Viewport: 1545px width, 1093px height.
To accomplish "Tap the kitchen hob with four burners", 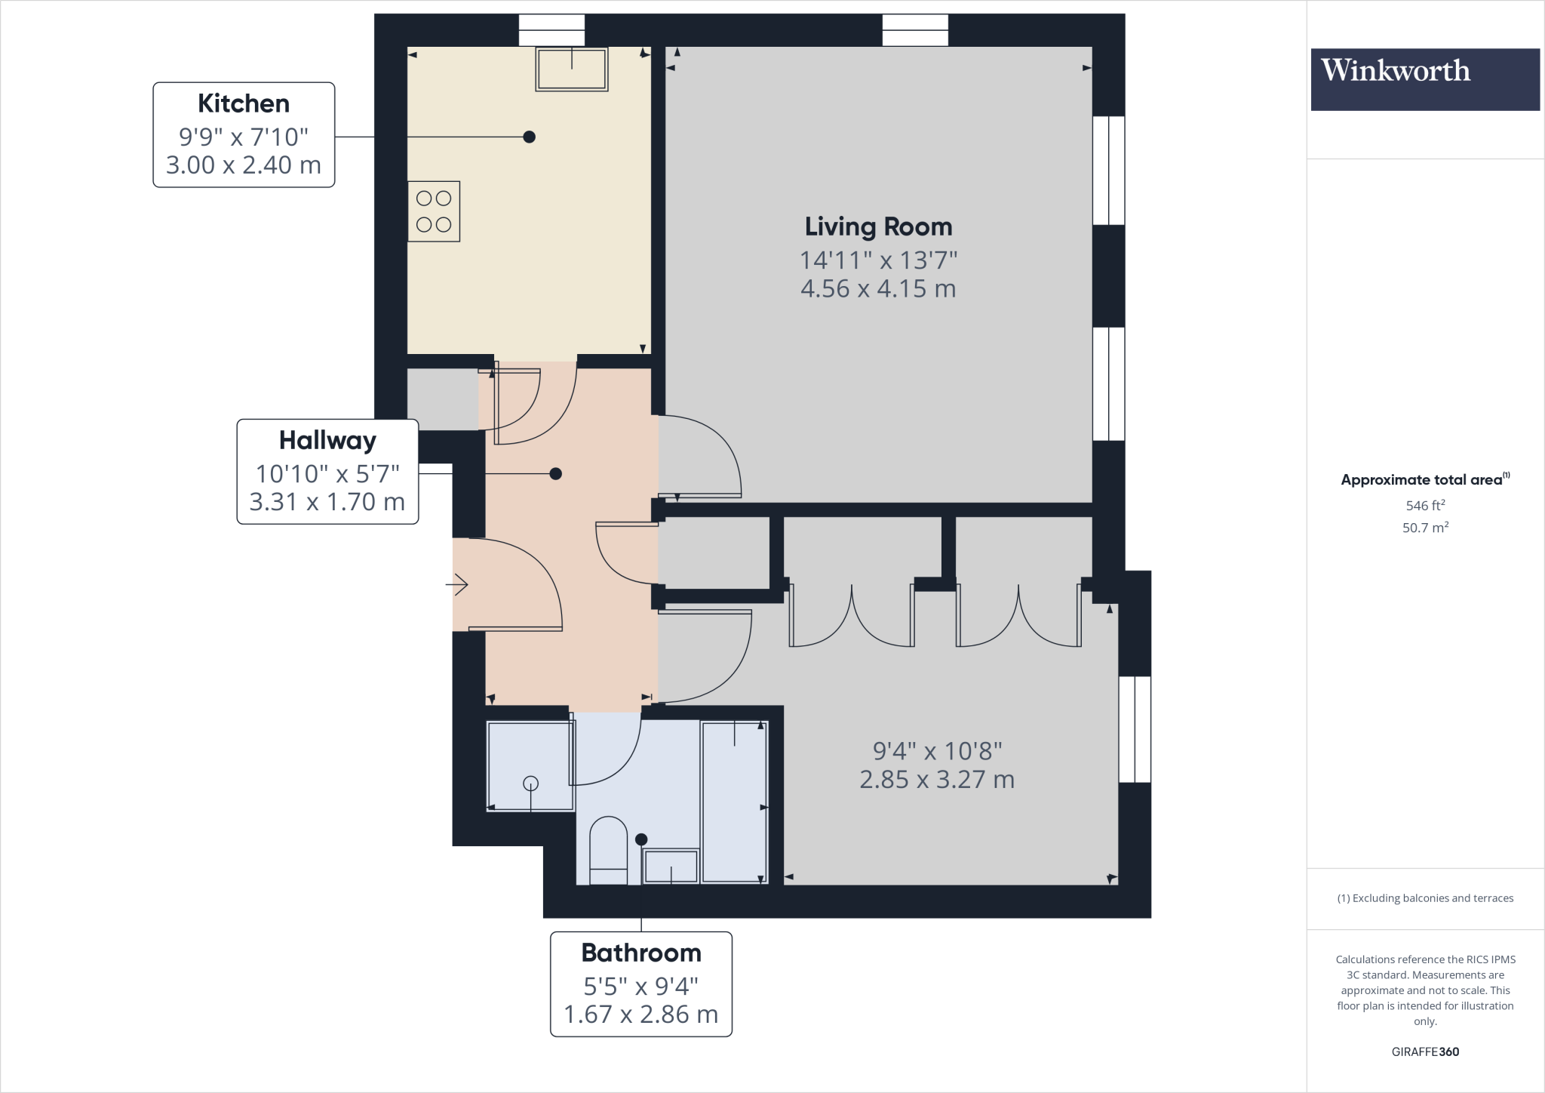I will (434, 211).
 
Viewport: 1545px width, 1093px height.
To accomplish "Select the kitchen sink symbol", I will (571, 69).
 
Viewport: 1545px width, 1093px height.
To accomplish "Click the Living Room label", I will (878, 226).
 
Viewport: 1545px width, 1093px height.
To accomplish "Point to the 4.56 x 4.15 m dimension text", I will (878, 288).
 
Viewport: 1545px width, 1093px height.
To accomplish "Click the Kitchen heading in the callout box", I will (243, 103).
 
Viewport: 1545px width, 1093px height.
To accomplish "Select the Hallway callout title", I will (327, 440).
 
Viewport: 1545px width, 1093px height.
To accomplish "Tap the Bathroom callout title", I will (640, 953).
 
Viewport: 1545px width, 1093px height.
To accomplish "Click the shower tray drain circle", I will (531, 784).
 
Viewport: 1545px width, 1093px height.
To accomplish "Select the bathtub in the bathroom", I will (734, 802).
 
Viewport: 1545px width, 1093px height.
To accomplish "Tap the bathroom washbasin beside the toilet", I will (671, 867).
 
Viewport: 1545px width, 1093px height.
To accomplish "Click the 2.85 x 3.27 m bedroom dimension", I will (937, 779).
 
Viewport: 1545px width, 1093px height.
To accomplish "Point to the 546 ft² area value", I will (1425, 506).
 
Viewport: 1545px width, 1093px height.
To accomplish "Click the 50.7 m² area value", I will (1425, 528).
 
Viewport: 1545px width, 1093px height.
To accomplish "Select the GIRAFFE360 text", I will (1425, 1051).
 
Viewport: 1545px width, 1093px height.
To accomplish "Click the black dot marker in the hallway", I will (556, 474).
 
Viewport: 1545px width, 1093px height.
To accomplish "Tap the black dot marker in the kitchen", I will (530, 137).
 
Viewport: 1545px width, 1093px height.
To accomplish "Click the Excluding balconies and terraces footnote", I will (1425, 898).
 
